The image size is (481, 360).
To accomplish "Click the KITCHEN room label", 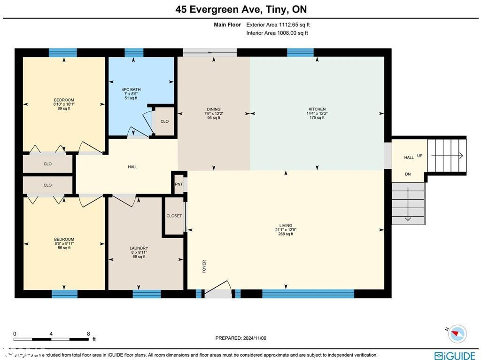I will click(x=317, y=109).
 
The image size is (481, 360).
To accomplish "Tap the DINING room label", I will click(x=214, y=109).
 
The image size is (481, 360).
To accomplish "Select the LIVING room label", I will click(x=286, y=226).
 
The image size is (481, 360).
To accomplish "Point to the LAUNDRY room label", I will click(x=139, y=248).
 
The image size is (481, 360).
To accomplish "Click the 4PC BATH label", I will click(x=131, y=89).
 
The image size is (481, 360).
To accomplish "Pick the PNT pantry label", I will click(x=178, y=184).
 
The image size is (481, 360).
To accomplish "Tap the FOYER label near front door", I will click(x=204, y=266).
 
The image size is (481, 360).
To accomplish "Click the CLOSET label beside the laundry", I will click(x=174, y=216).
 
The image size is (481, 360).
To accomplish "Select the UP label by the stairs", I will click(x=419, y=156).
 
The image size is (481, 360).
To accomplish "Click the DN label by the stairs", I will click(x=408, y=174).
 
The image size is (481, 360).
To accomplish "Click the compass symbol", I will click(x=457, y=334).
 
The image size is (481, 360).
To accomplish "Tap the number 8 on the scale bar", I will click(x=88, y=334).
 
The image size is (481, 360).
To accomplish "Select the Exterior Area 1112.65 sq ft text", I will click(x=278, y=25).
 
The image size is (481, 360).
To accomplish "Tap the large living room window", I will click(x=308, y=294).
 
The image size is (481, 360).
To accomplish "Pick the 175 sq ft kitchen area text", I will click(x=317, y=117).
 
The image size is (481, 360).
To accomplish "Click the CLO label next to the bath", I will click(x=164, y=121).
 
